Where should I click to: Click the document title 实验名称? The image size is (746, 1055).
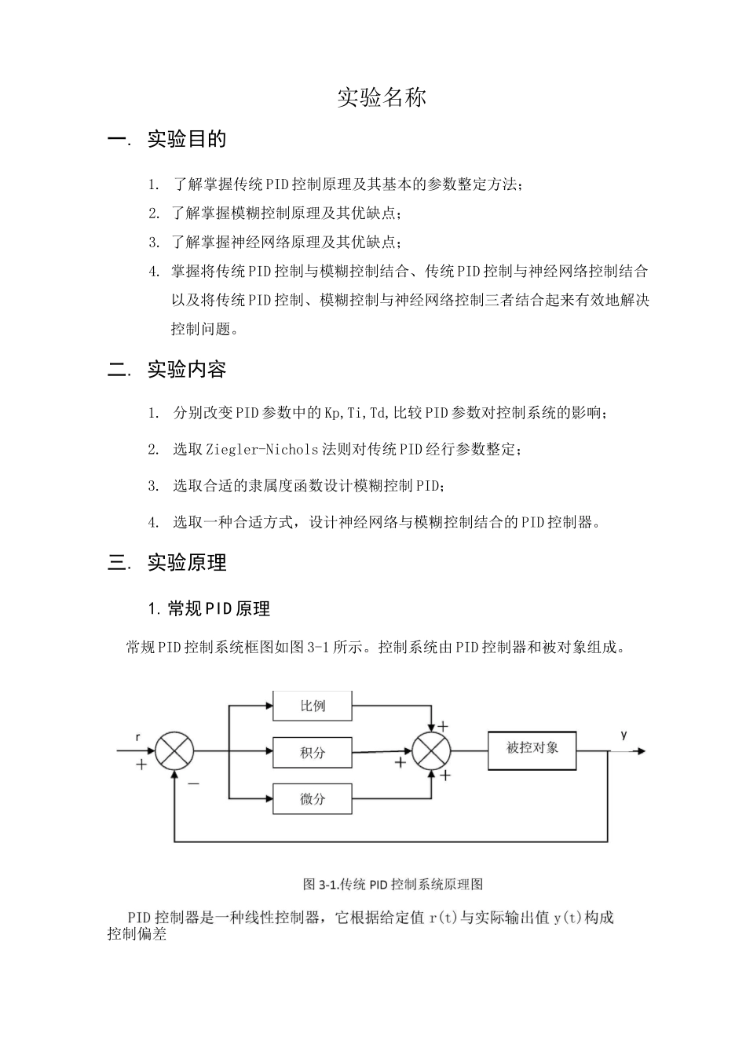click(382, 98)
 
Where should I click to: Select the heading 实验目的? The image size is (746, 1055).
click(187, 140)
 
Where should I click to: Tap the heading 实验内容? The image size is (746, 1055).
click(187, 370)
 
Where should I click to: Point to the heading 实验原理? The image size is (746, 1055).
click(187, 563)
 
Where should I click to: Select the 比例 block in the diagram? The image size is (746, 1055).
click(313, 706)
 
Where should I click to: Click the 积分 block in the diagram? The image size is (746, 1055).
click(313, 753)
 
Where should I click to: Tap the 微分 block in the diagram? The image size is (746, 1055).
click(313, 799)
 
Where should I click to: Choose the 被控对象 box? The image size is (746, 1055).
click(532, 748)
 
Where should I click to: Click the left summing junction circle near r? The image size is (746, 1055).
click(174, 751)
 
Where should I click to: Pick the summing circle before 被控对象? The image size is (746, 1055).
click(431, 750)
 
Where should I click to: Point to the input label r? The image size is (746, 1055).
click(138, 737)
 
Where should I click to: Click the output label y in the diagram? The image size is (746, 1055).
click(623, 735)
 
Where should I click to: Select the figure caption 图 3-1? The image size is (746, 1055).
click(393, 884)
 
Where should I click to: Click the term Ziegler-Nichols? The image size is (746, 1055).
click(262, 450)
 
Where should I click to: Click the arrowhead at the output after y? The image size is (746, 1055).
click(642, 751)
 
